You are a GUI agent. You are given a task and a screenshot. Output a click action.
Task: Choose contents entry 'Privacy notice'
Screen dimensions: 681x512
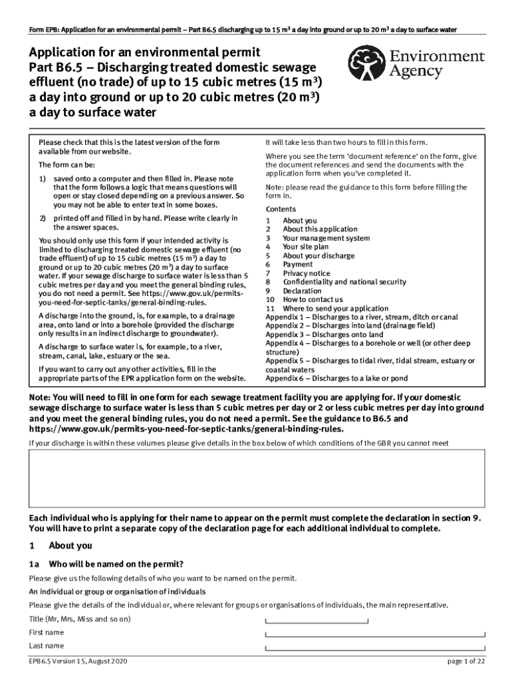coord(306,273)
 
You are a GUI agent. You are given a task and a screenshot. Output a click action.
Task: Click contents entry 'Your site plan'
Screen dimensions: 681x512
coord(305,247)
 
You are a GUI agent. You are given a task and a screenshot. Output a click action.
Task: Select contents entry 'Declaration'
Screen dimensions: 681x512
coord(303,291)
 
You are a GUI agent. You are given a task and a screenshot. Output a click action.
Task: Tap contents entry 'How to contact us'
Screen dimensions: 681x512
coord(313,300)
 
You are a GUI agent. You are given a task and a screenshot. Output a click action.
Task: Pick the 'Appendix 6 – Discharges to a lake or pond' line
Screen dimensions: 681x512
coord(336,378)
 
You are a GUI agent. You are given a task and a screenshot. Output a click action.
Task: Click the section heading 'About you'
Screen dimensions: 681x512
coord(70,546)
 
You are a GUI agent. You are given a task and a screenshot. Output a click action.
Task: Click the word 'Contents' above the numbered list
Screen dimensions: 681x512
coord(281,209)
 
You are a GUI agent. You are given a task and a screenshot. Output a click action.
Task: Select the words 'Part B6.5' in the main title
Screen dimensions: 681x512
coord(57,67)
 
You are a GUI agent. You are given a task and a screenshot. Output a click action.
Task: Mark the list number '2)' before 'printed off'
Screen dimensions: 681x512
coord(42,218)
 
